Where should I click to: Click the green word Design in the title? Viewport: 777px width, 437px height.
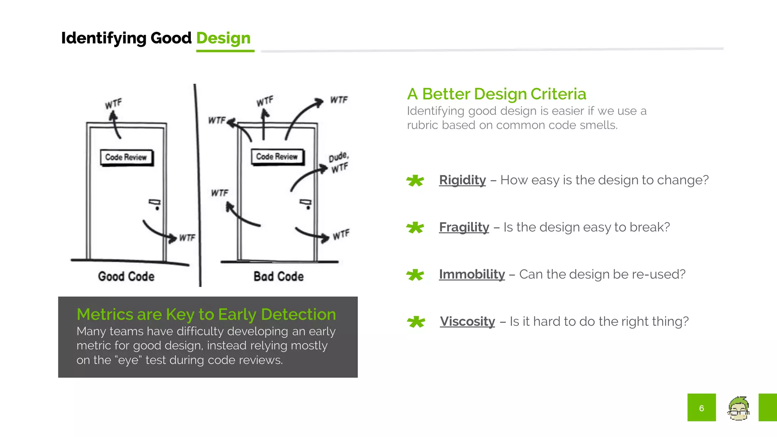(x=223, y=38)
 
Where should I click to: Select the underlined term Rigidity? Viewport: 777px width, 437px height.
(x=462, y=180)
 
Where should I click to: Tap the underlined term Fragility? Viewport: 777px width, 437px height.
(x=464, y=227)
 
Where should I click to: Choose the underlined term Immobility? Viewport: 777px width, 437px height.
(x=472, y=274)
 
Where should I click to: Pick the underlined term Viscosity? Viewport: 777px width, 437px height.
(x=467, y=321)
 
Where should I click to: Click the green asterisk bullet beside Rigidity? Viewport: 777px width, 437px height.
(x=415, y=181)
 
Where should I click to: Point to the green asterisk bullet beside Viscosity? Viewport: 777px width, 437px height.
(x=416, y=322)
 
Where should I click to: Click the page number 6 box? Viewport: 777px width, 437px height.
(x=702, y=407)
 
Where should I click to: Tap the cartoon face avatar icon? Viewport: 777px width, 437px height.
(x=738, y=408)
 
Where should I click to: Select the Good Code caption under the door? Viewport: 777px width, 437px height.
(x=126, y=276)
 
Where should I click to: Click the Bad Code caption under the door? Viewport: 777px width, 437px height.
(x=278, y=276)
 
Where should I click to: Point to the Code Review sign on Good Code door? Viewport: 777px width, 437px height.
(x=126, y=157)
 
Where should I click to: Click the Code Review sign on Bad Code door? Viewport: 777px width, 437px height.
(x=277, y=157)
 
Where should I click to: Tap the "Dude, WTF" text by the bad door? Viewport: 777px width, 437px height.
(x=339, y=162)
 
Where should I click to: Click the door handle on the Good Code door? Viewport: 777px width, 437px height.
(x=155, y=203)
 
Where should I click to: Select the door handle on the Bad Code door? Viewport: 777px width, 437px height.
(x=306, y=203)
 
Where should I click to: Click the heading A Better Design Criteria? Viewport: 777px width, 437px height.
(x=496, y=94)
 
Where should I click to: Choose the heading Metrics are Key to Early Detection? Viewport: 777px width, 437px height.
(x=206, y=314)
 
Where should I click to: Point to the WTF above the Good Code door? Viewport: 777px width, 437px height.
(x=113, y=104)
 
